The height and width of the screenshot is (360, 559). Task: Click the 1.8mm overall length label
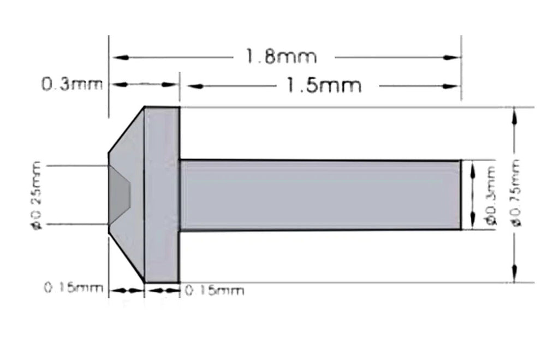click(281, 56)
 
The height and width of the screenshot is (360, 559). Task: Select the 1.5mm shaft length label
click(324, 85)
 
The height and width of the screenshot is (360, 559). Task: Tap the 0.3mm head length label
click(72, 85)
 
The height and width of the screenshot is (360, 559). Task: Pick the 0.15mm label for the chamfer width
click(73, 288)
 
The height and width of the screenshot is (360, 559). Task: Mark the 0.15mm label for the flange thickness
click(215, 290)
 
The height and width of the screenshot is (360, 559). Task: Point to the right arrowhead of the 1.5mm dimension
click(453, 86)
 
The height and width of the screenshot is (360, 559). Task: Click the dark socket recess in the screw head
click(121, 194)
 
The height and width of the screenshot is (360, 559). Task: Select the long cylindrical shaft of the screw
click(319, 194)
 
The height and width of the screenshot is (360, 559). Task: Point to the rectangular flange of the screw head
click(162, 194)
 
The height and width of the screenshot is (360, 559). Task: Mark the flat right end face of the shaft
click(460, 194)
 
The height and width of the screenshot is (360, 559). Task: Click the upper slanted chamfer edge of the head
click(126, 130)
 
